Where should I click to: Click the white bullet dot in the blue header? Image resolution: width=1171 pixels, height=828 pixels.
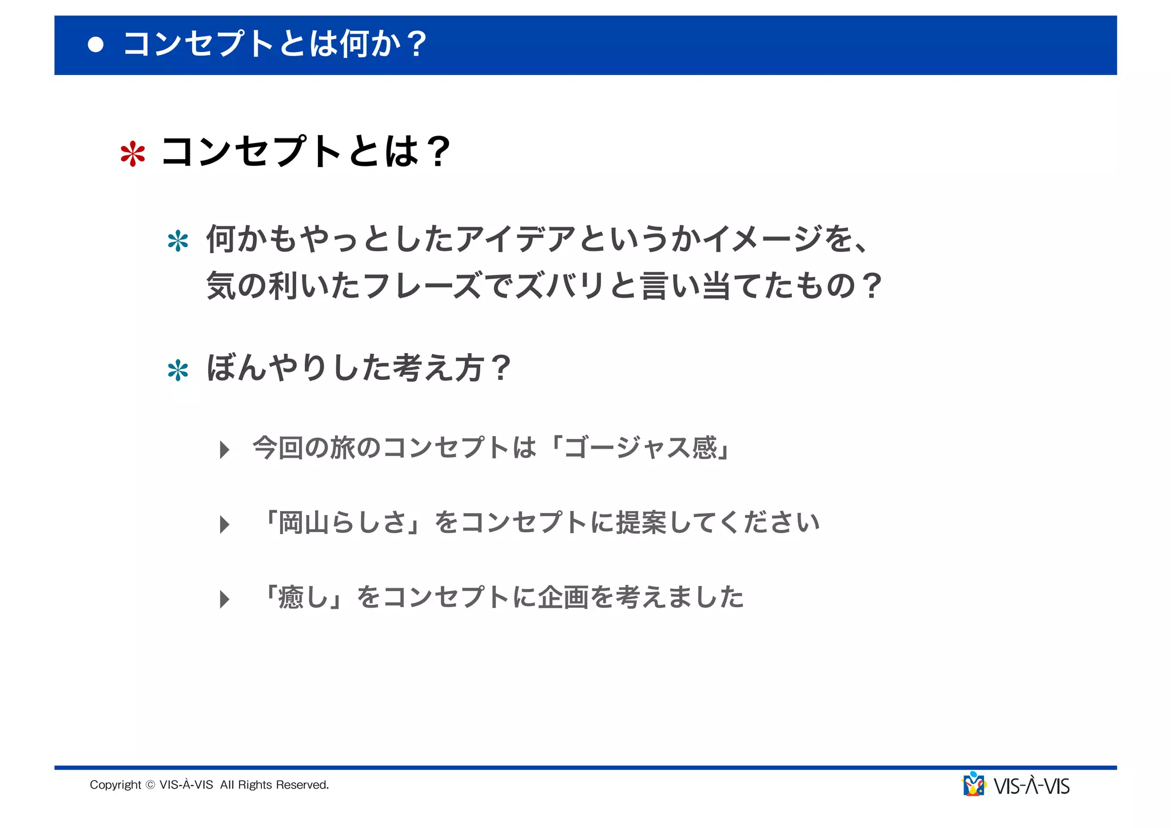(x=96, y=45)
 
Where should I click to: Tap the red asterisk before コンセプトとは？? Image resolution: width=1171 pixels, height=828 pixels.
(x=133, y=154)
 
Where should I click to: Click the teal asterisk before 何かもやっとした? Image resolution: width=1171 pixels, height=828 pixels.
(x=178, y=241)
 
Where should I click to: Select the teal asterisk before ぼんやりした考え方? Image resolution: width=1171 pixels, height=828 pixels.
(x=178, y=370)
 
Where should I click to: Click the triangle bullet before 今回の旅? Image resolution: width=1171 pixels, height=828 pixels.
(x=224, y=450)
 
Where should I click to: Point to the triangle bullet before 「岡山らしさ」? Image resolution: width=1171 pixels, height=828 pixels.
(x=224, y=524)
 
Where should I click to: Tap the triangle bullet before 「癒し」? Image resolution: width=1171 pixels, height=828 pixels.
(x=224, y=599)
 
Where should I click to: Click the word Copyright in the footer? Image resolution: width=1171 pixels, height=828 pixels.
(x=115, y=785)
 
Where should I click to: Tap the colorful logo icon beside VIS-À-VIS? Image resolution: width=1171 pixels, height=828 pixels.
(x=974, y=785)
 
